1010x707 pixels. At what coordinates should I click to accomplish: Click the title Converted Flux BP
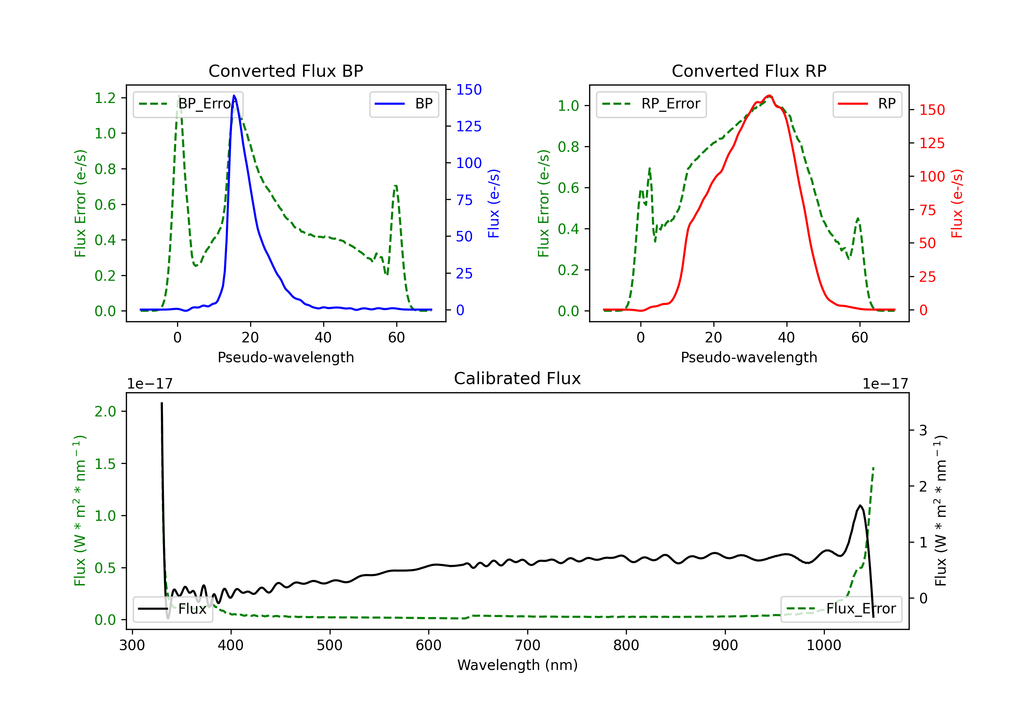(x=285, y=71)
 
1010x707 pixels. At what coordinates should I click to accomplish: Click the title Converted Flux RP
(x=749, y=71)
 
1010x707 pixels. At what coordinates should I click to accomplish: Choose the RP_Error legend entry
(x=651, y=104)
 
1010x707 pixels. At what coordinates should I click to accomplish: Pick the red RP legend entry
(x=867, y=104)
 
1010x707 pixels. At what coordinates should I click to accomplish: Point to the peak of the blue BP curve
(x=234, y=96)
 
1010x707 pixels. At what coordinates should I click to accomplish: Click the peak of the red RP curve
(x=769, y=96)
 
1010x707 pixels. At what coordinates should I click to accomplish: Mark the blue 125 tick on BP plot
(x=469, y=127)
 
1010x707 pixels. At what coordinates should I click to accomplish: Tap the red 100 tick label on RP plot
(x=932, y=177)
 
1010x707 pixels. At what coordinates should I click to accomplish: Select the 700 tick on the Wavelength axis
(x=528, y=645)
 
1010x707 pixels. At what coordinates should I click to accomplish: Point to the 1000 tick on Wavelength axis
(x=823, y=645)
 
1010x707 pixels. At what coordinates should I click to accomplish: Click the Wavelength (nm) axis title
(x=517, y=665)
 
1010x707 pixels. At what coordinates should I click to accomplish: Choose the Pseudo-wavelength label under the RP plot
(x=749, y=357)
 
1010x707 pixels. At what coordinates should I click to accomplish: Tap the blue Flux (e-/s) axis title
(x=494, y=203)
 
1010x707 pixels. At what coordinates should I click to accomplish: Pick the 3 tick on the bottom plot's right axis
(x=923, y=430)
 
